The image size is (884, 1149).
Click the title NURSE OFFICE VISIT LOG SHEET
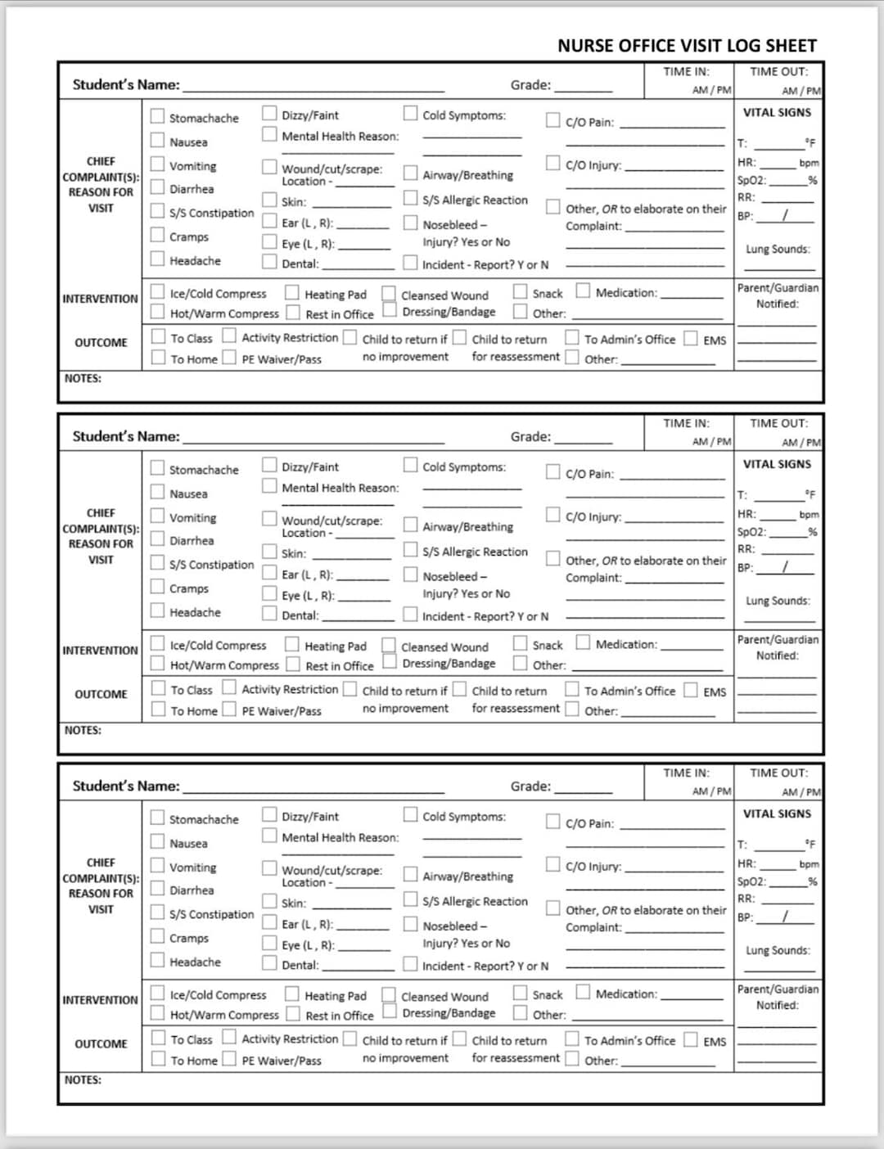(687, 46)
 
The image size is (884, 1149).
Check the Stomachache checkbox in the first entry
(157, 116)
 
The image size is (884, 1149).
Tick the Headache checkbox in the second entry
(157, 611)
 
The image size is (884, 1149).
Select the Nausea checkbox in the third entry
(157, 841)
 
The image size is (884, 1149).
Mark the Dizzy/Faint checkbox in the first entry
(269, 113)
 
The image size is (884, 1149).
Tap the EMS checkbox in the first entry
(692, 338)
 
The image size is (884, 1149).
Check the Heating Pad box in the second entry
(292, 645)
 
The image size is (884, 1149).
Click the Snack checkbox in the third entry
(521, 993)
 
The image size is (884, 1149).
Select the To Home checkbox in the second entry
(158, 710)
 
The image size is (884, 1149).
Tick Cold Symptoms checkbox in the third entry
(410, 814)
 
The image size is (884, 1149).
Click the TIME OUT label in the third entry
(778, 773)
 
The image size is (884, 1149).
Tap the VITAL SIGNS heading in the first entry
(777, 112)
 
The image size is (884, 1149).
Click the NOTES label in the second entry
(83, 730)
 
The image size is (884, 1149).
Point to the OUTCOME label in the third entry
(101, 1043)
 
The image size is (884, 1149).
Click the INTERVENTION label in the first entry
(100, 299)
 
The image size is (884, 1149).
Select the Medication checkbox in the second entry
(583, 642)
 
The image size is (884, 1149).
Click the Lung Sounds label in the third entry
(778, 950)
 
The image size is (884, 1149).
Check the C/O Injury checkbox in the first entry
(553, 163)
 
